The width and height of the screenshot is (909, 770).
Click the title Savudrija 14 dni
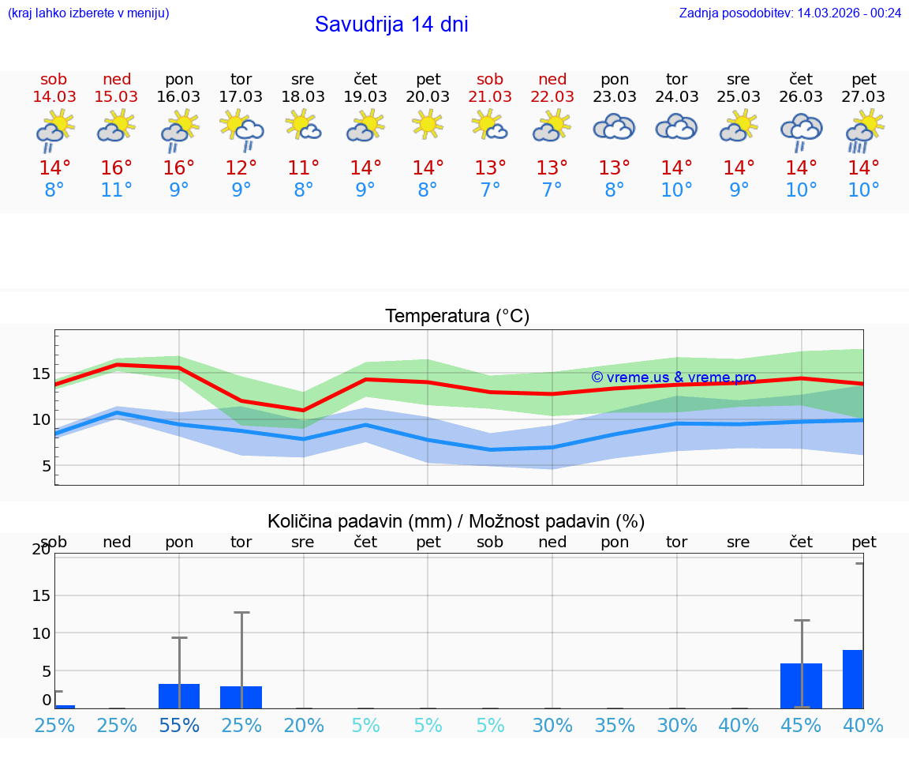point(391,24)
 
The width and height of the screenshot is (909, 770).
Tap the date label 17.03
point(241,96)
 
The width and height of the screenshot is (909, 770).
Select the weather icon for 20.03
point(428,125)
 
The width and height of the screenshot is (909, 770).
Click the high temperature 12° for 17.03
point(241,168)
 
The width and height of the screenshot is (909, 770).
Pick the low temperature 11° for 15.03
point(117,190)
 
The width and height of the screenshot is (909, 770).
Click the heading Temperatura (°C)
point(457,317)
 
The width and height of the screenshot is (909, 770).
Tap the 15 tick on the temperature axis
point(42,374)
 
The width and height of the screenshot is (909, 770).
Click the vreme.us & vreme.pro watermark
point(673,377)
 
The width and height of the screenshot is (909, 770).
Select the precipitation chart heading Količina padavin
point(456,521)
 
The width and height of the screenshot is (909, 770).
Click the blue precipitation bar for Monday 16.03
point(179,696)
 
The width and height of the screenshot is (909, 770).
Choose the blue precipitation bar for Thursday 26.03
point(801,685)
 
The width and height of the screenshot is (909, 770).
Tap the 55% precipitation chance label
point(179,725)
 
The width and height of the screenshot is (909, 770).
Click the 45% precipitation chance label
point(801,725)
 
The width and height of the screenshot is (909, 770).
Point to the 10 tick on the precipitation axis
point(42,633)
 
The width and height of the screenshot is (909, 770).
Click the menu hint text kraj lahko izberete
point(88,13)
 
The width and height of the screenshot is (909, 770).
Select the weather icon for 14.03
point(54,130)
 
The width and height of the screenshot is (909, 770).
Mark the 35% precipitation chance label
point(615,725)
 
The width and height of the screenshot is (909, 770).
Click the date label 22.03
point(552,96)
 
